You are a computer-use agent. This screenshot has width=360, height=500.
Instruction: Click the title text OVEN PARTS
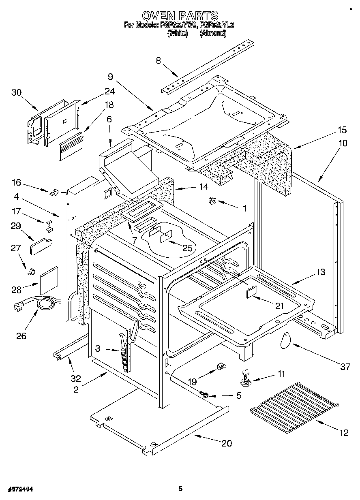click(180, 16)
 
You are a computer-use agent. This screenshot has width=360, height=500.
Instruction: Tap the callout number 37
click(345, 367)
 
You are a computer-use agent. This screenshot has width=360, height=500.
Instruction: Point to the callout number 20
click(227, 443)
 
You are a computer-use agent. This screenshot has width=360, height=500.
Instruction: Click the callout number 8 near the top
click(158, 61)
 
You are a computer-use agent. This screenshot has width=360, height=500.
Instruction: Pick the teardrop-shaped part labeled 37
click(286, 340)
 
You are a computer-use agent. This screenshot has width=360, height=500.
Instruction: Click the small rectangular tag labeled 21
click(251, 292)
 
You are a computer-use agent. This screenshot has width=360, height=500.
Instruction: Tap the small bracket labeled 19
click(221, 367)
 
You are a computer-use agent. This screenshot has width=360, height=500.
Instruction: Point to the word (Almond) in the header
click(212, 34)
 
